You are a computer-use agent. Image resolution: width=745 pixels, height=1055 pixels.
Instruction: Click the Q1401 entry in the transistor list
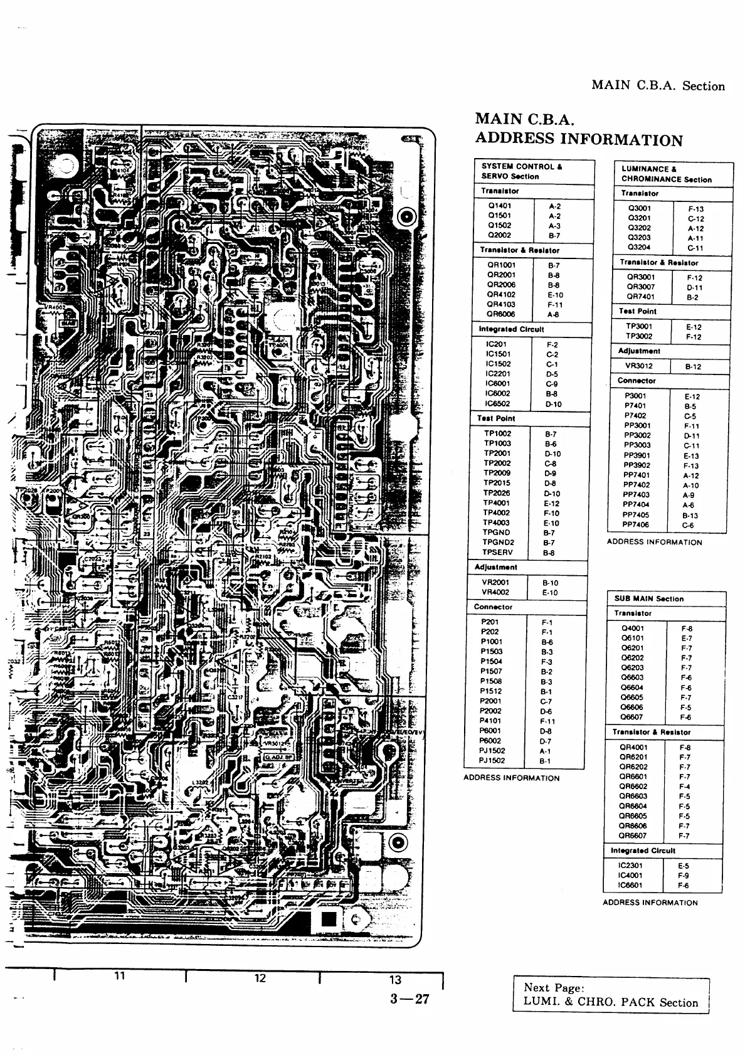pyautogui.click(x=499, y=205)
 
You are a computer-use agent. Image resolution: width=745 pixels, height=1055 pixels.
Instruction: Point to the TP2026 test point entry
pyautogui.click(x=497, y=493)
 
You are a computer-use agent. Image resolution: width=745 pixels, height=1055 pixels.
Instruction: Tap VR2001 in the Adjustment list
pyautogui.click(x=495, y=582)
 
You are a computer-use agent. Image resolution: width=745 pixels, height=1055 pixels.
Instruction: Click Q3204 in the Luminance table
pyautogui.click(x=640, y=248)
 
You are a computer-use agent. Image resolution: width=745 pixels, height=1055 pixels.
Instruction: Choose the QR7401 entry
pyautogui.click(x=641, y=297)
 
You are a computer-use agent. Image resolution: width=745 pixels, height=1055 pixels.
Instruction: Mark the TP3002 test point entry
pyautogui.click(x=639, y=336)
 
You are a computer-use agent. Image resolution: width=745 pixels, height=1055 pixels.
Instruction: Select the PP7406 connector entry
pyautogui.click(x=636, y=524)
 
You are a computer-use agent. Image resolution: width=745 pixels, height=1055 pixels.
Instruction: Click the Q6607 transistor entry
pyautogui.click(x=632, y=717)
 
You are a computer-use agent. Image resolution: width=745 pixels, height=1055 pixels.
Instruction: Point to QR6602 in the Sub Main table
pyautogui.click(x=633, y=786)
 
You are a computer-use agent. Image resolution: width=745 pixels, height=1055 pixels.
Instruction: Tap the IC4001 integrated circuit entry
pyautogui.click(x=630, y=875)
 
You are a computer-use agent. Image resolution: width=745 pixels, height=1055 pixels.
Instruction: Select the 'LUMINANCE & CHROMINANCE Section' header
pyautogui.click(x=667, y=174)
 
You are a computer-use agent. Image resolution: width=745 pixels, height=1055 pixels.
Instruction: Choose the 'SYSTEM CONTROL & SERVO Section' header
pyautogui.click(x=522, y=171)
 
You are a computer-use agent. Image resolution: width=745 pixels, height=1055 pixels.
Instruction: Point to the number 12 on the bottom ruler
pyautogui.click(x=260, y=978)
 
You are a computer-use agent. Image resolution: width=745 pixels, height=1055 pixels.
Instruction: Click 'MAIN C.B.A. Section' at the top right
pyautogui.click(x=658, y=86)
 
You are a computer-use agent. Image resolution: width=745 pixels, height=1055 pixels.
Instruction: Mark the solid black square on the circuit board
pyautogui.click(x=329, y=920)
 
